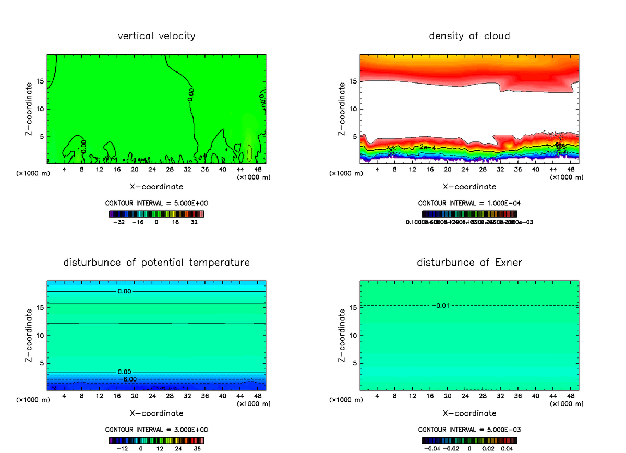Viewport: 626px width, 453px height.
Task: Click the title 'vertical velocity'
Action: (x=156, y=36)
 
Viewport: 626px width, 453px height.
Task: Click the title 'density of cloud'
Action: (x=469, y=36)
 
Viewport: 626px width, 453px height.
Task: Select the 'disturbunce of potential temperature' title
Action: (x=156, y=262)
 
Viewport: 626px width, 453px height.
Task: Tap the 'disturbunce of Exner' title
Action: (x=469, y=262)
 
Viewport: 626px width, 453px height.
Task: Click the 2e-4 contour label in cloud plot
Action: (x=427, y=147)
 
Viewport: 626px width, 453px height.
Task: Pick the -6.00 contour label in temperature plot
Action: (x=128, y=379)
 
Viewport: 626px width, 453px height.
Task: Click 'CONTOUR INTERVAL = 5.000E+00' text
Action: (x=156, y=203)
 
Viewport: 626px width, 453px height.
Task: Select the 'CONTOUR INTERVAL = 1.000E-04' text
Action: (x=469, y=203)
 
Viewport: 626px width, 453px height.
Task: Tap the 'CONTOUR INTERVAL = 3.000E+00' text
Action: (x=156, y=430)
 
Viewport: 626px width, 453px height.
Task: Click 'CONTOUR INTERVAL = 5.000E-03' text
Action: (x=469, y=430)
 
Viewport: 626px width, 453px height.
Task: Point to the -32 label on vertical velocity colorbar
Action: (x=120, y=222)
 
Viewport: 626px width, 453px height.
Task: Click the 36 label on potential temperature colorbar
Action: (x=198, y=448)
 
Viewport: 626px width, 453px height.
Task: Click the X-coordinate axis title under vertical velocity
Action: (x=156, y=186)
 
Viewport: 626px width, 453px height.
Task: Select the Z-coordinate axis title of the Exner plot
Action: (x=342, y=335)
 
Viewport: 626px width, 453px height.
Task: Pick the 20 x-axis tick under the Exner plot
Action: (x=448, y=396)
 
